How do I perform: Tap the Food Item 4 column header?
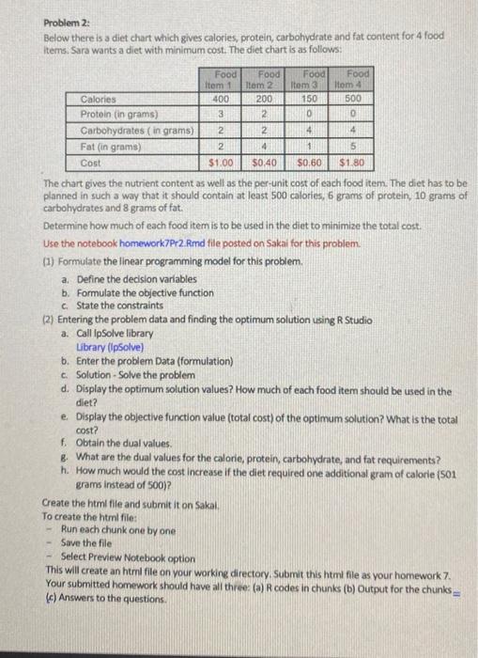click(x=358, y=80)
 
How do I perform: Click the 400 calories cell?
click(x=223, y=97)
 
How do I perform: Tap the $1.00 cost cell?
click(x=222, y=163)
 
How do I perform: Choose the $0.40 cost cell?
click(x=268, y=163)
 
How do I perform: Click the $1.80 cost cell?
click(x=357, y=163)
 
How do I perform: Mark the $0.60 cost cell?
click(x=313, y=163)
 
